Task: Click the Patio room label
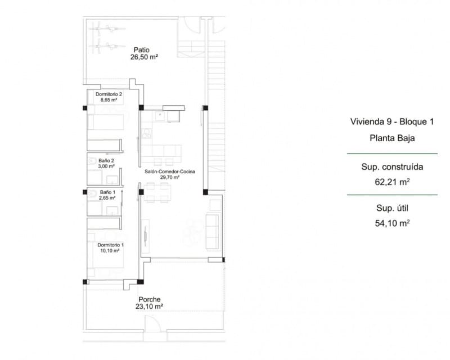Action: click(x=141, y=49)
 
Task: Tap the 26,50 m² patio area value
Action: click(x=141, y=57)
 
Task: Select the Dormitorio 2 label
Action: click(x=109, y=94)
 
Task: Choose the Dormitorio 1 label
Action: click(x=110, y=245)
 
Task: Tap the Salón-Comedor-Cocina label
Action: click(x=169, y=172)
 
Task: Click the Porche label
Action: click(x=149, y=299)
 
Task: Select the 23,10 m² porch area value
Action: click(x=149, y=307)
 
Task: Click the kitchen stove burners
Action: click(x=147, y=133)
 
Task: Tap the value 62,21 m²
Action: click(x=392, y=181)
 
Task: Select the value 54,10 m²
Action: click(x=392, y=223)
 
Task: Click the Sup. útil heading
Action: click(x=392, y=209)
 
